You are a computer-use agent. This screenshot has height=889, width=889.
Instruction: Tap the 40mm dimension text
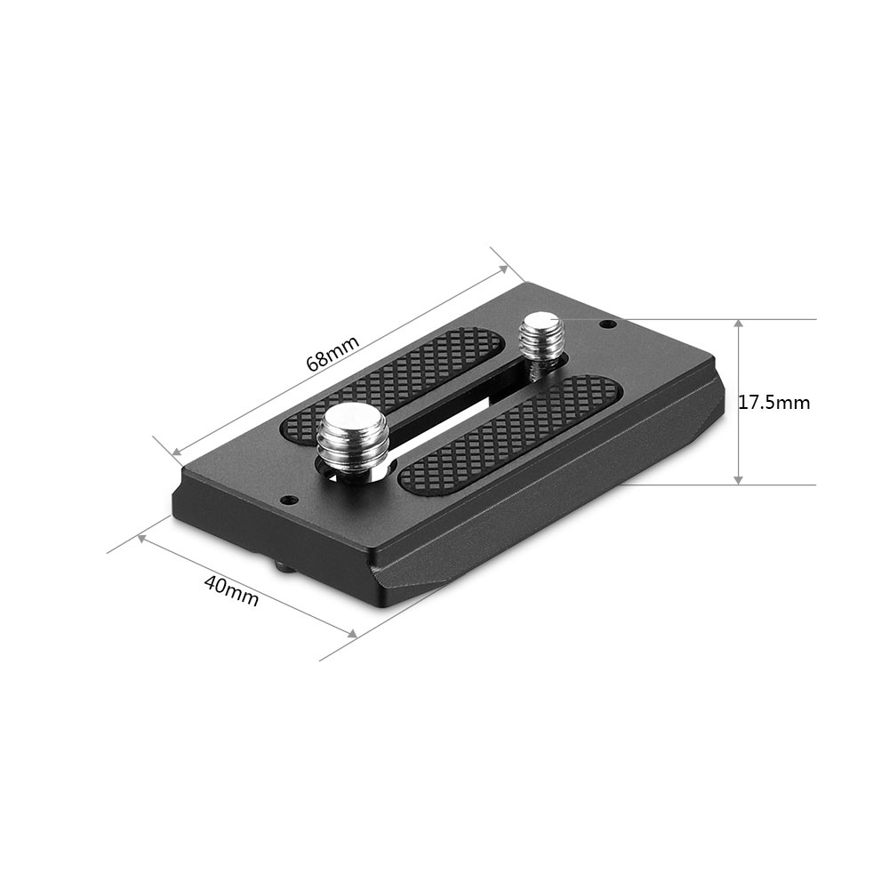point(231,591)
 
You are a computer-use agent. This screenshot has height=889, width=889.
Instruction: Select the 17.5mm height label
point(774,402)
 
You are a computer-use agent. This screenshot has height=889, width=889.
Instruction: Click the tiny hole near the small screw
point(606,324)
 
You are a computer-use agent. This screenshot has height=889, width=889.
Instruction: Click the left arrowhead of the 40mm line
point(142,539)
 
